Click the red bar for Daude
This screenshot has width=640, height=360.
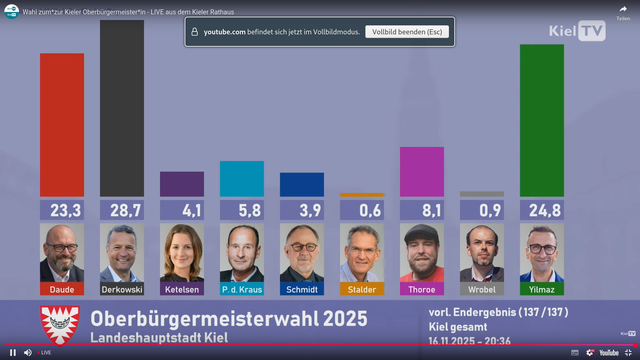(62, 125)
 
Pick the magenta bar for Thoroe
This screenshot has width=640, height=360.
(422, 172)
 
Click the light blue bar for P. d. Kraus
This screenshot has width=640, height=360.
(242, 179)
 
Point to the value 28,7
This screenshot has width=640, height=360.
(122, 210)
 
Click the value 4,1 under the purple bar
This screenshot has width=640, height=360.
(182, 210)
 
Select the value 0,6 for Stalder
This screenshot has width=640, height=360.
(362, 210)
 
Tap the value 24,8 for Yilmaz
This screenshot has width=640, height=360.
(542, 210)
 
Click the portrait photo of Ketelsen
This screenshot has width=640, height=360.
(182, 253)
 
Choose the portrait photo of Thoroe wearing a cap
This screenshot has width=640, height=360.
(422, 253)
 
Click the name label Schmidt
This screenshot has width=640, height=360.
(302, 289)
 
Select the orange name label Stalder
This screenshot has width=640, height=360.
(362, 289)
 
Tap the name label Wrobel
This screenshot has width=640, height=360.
(482, 289)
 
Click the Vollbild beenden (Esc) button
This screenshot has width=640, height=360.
(407, 32)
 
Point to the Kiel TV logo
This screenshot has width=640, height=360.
(577, 30)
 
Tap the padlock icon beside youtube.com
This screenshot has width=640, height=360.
(193, 32)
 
